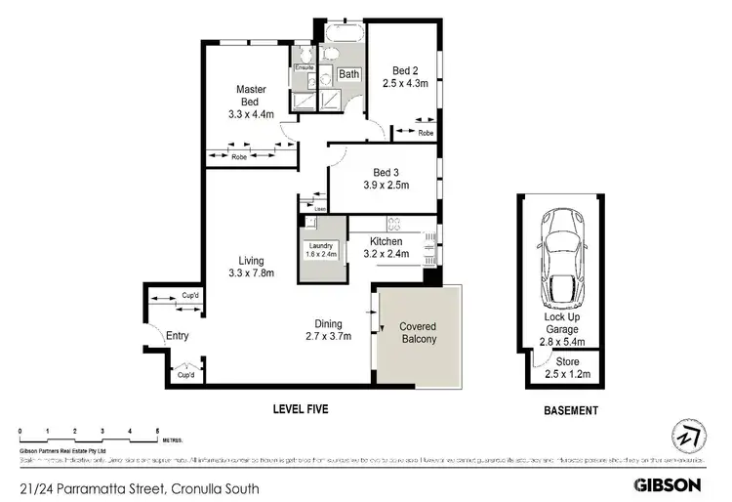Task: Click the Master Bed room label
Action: [x=251, y=96]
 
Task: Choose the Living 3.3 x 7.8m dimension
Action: [x=252, y=273]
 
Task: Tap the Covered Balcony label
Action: [x=417, y=332]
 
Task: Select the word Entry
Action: [x=177, y=336]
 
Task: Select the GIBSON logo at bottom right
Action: [x=668, y=483]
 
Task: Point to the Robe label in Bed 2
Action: [x=426, y=132]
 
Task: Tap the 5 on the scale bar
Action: [x=157, y=431]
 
